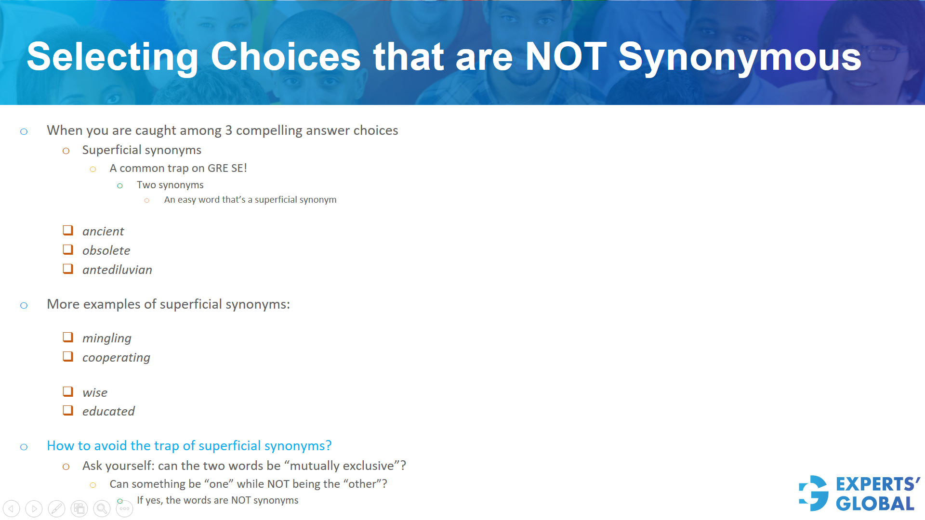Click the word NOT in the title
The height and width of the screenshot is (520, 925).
click(x=566, y=57)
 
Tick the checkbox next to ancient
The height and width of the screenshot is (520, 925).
click(x=68, y=231)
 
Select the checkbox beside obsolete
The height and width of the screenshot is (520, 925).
click(x=68, y=250)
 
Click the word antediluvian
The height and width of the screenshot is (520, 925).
click(x=117, y=270)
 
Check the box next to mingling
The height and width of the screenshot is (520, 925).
click(x=68, y=338)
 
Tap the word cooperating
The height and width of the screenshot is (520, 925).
click(x=116, y=358)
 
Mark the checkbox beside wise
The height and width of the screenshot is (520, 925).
click(x=68, y=392)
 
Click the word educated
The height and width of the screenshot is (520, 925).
click(x=108, y=412)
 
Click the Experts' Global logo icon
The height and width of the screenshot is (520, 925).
click(x=814, y=494)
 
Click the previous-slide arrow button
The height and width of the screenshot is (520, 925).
click(x=12, y=508)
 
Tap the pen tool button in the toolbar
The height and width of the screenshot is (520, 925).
click(x=56, y=508)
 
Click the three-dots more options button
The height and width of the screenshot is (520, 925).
click(x=124, y=508)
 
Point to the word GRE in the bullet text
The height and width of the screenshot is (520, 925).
click(x=218, y=169)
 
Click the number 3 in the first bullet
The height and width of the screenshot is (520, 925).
click(x=228, y=130)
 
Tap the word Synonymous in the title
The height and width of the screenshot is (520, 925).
click(x=740, y=57)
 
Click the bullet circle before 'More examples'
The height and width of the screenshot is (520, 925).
click(x=24, y=305)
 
